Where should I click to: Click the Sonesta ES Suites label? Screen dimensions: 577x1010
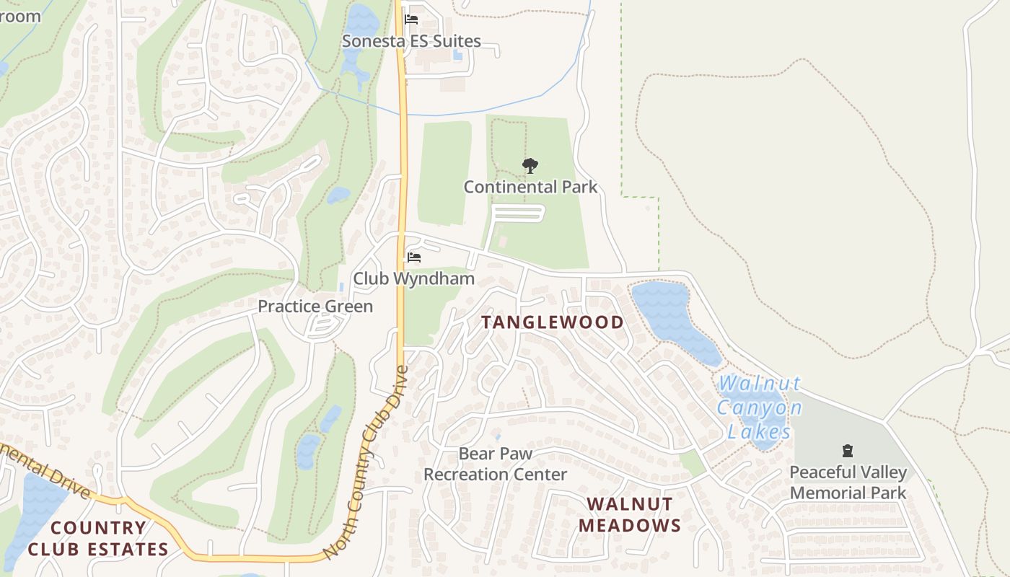coord(411,41)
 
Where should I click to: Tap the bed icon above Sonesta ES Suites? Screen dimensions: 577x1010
coord(411,19)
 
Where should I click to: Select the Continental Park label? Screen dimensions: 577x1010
coord(530,188)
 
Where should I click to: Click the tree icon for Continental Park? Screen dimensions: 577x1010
coord(530,166)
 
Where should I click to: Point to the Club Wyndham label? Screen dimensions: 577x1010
coord(413,278)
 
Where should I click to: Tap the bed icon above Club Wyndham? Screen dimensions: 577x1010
coord(413,257)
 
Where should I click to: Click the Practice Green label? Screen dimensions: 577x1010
coord(315,307)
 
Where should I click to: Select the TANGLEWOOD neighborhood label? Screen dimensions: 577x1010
coord(553,322)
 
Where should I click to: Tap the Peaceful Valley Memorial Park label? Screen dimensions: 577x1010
coord(848,483)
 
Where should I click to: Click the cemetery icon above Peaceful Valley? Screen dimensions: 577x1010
coord(848,452)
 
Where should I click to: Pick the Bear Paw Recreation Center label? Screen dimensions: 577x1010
coord(495,464)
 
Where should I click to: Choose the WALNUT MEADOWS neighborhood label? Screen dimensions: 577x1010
coord(630,514)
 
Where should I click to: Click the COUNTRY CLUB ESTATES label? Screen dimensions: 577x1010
coord(98,538)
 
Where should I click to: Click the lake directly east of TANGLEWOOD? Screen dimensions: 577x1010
coord(671,317)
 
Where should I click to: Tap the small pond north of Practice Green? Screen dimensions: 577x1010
coord(338,195)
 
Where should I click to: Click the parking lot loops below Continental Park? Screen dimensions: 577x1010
coord(518,213)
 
